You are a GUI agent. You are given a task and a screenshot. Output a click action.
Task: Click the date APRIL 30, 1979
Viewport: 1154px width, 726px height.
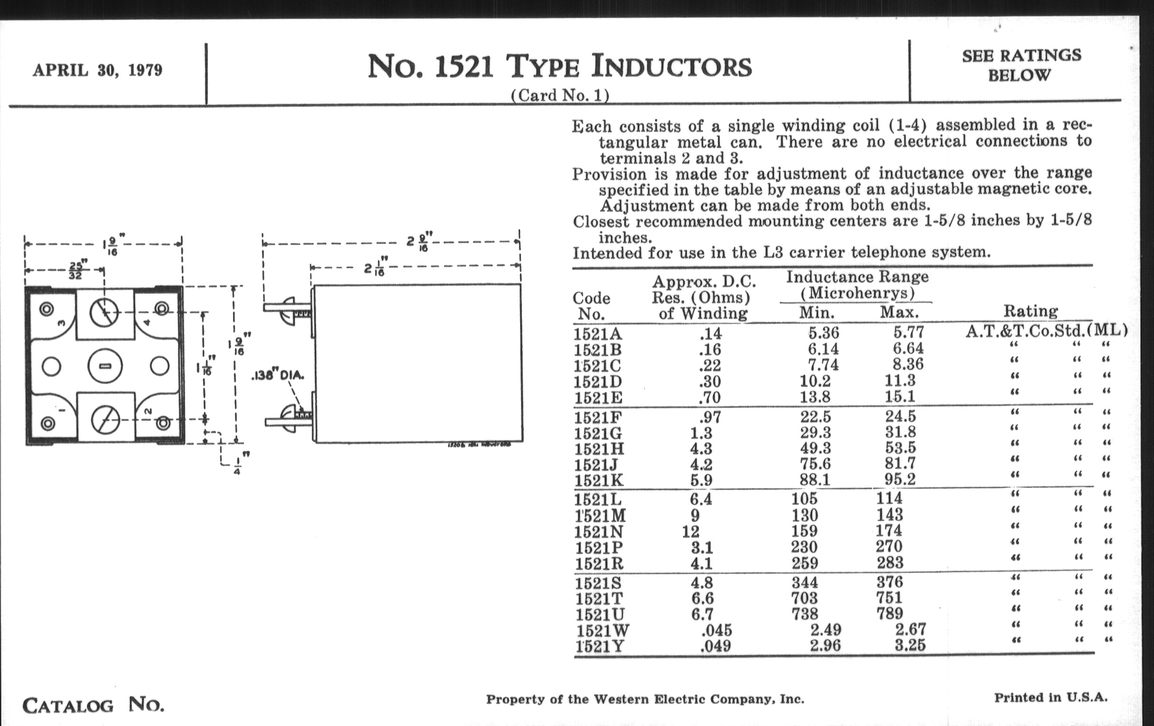pos(97,70)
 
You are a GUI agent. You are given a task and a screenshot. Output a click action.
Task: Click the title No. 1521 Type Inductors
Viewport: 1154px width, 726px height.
pos(559,66)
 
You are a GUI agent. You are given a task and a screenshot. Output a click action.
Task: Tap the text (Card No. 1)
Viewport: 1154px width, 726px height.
pos(560,95)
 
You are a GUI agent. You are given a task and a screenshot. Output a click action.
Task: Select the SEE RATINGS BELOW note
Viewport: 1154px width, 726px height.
pos(1021,65)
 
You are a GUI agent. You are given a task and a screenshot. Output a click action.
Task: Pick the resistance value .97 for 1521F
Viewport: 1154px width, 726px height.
pos(710,418)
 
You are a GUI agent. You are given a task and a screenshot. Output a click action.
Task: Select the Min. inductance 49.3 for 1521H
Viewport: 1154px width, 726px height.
pos(815,448)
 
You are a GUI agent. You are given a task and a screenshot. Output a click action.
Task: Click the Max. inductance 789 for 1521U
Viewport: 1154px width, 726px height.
pos(890,614)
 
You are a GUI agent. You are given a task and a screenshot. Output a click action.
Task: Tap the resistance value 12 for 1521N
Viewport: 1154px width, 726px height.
pos(690,531)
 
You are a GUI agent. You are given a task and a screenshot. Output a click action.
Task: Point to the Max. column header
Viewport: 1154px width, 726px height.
pos(899,313)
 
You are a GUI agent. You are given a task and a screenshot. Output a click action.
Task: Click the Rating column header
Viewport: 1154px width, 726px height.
pos(1030,311)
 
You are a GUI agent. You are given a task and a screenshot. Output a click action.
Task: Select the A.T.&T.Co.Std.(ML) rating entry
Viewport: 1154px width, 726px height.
pos(1046,331)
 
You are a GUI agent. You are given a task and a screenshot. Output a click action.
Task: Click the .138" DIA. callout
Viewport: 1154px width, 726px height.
pos(278,375)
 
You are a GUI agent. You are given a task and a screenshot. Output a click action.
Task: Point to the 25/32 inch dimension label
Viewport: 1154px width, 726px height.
pos(75,270)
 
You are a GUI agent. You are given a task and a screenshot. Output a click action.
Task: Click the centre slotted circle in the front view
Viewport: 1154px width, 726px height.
pos(105,366)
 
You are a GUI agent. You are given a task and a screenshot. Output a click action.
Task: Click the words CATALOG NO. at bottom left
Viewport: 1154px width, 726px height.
pos(93,706)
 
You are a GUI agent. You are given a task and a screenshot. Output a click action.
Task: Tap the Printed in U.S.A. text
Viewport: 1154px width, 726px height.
pos(1051,698)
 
